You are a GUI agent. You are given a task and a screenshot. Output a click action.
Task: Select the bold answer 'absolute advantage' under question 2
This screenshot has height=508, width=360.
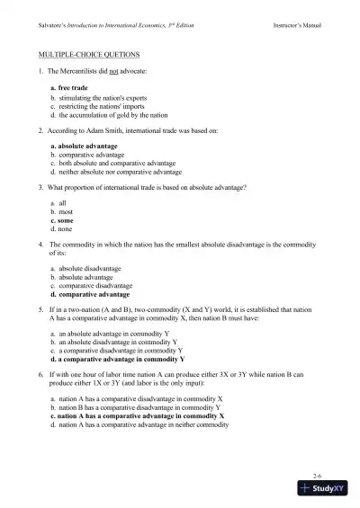94,145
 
